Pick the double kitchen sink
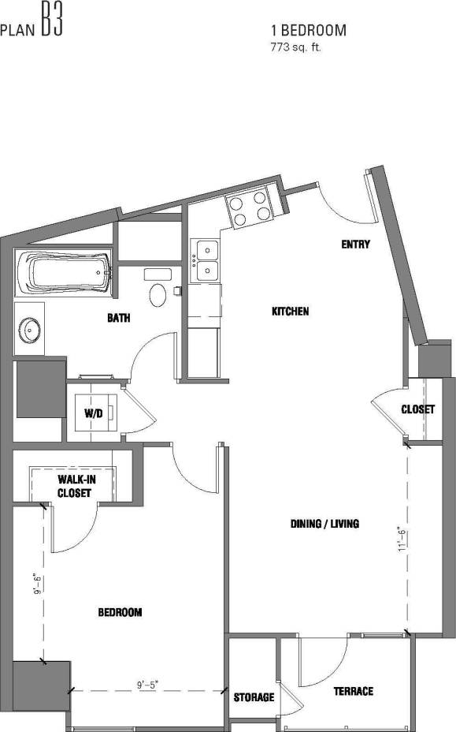[206, 260]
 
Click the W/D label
[93, 413]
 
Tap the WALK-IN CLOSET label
[74, 486]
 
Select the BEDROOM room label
[120, 612]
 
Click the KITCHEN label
[290, 312]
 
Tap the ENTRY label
[354, 245]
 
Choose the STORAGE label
[254, 697]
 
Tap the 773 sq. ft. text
[296, 47]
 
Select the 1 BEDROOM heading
[309, 31]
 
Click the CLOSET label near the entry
[417, 410]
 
